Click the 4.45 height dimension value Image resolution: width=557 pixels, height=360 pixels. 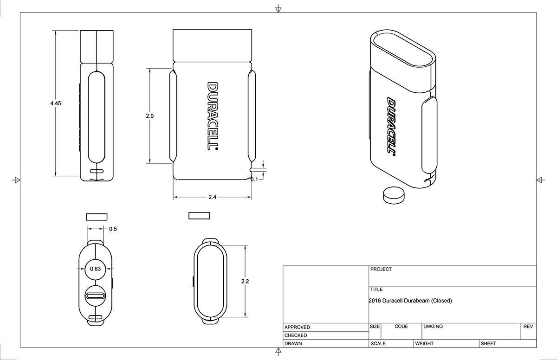click(56, 103)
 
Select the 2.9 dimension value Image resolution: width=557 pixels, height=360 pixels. click(149, 116)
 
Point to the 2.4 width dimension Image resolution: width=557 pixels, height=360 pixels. click(212, 197)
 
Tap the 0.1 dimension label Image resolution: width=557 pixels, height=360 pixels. click(254, 179)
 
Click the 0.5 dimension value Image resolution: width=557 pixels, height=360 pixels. click(113, 229)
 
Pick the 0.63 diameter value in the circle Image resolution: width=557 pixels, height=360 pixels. click(96, 269)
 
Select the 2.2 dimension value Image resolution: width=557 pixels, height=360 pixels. click(245, 281)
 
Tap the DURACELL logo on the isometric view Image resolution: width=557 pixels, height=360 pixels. click(391, 127)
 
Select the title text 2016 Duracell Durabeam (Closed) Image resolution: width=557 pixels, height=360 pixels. click(410, 301)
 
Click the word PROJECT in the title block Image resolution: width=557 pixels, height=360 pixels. click(381, 269)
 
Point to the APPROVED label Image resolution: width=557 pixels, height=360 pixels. click(297, 327)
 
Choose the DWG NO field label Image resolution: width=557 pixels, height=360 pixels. click(433, 327)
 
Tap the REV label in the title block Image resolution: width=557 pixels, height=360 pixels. click(528, 327)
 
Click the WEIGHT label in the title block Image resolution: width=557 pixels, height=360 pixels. click(424, 344)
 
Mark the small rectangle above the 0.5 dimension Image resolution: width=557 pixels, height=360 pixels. click(97, 216)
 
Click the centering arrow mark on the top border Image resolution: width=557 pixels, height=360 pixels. click(278, 9)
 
